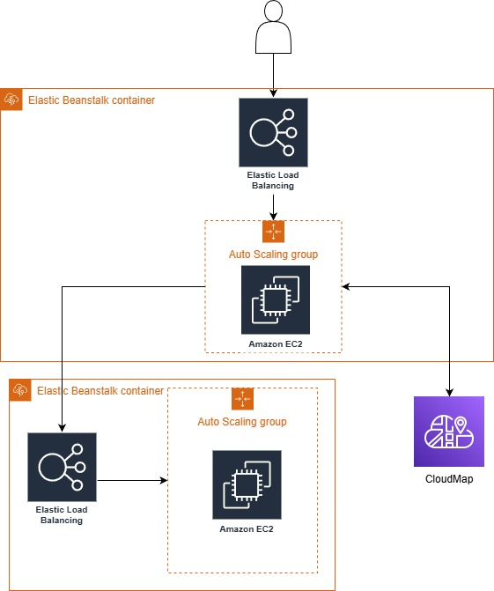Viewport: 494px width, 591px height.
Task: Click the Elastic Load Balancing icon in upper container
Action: tap(273, 132)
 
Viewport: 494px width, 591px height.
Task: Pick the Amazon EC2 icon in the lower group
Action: tap(247, 484)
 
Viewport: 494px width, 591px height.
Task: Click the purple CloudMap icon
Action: tap(449, 432)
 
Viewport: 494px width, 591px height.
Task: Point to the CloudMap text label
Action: tap(449, 479)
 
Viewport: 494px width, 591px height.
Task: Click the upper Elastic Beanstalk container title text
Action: tap(92, 100)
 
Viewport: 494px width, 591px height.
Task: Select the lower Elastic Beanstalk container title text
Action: tap(100, 390)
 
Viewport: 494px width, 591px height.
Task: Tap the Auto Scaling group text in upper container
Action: tap(273, 255)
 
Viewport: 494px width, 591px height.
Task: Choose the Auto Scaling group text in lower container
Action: tap(242, 422)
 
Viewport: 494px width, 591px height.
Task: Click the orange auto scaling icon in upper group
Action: tap(273, 232)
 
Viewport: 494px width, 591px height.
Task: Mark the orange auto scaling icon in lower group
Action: tap(242, 399)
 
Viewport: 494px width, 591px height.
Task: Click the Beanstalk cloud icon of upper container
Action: tap(12, 100)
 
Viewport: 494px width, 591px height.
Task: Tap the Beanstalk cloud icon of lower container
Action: tap(20, 390)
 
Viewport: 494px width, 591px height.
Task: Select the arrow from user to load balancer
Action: tap(273, 75)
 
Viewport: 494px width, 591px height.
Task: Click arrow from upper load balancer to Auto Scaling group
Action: tap(273, 206)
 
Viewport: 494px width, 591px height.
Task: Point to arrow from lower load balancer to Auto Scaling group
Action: tap(132, 481)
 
